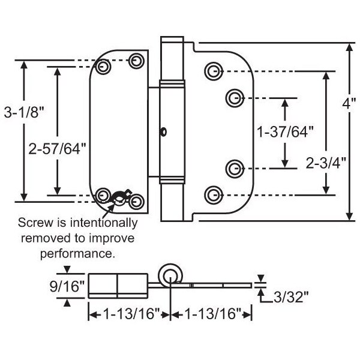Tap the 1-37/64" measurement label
coord(284,131)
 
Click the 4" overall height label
coord(349,103)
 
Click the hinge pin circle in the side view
coord(170,275)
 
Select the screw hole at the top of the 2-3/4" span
coord(212,71)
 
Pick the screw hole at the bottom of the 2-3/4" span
coord(212,194)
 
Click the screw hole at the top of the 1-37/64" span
coord(235,97)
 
